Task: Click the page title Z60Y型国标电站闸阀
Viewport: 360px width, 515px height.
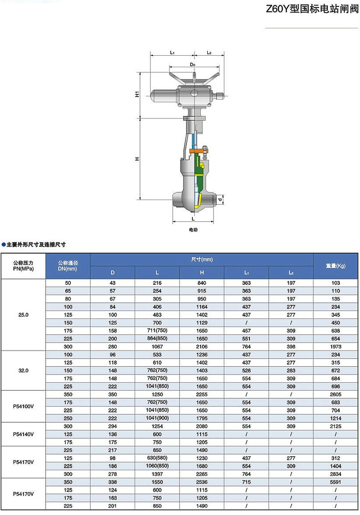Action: [x=312, y=8]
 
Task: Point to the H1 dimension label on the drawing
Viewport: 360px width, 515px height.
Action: [x=137, y=94]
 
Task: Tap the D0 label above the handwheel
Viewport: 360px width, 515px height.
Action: [x=193, y=65]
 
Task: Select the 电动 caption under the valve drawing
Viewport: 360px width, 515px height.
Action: [x=193, y=230]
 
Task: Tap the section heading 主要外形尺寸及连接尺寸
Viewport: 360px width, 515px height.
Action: [x=36, y=244]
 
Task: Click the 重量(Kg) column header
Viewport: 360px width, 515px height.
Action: [x=336, y=266]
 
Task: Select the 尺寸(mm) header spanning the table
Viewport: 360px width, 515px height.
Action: [x=202, y=259]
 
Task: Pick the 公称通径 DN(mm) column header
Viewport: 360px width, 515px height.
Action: [x=68, y=266]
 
